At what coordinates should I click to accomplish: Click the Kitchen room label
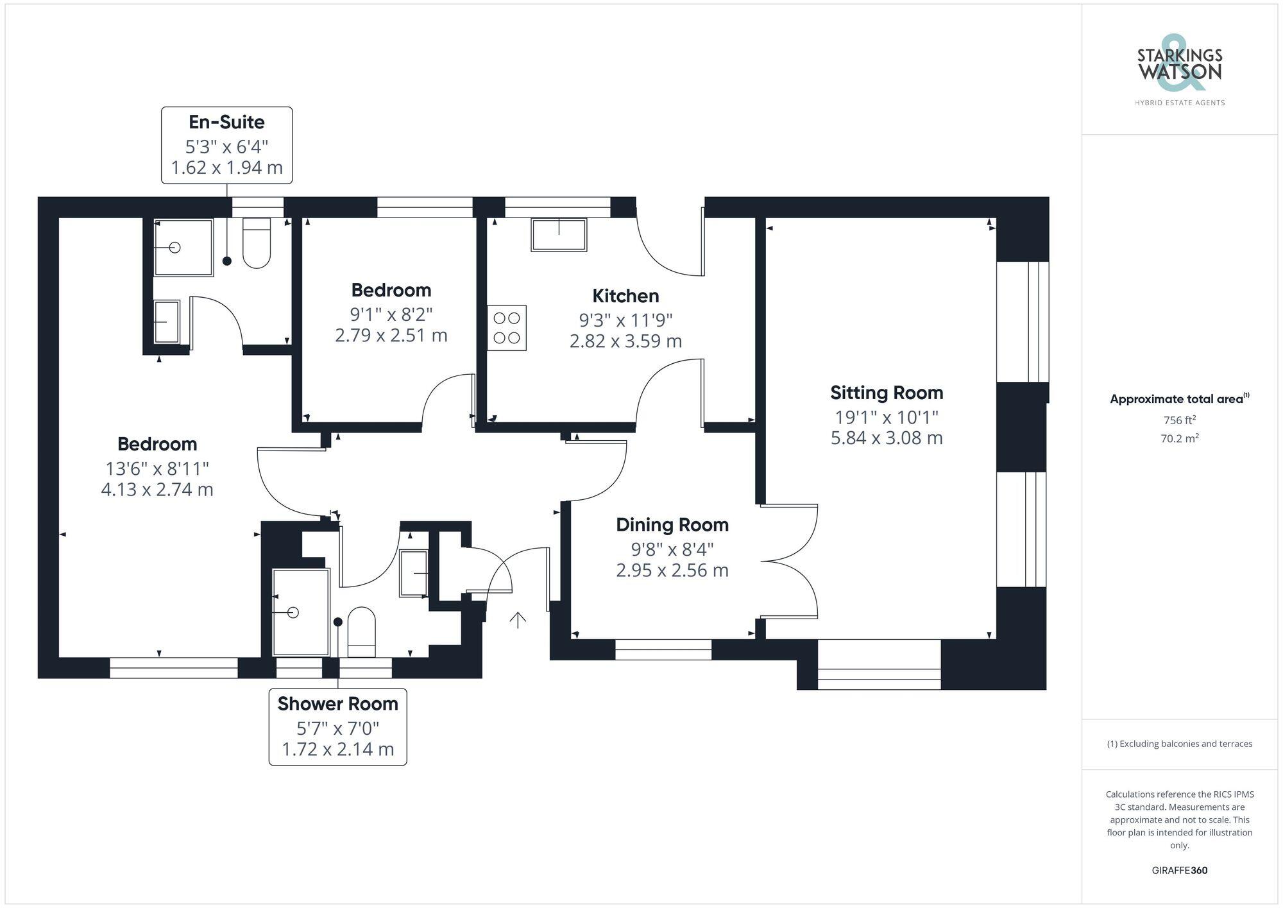[x=625, y=296]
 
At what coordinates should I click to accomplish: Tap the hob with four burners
[x=507, y=328]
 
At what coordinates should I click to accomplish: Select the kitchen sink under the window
[x=559, y=235]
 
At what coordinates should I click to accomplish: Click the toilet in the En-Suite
[x=257, y=243]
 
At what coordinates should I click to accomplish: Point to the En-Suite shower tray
[x=183, y=248]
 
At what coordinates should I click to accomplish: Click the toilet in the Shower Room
[x=361, y=631]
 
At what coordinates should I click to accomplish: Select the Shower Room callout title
[x=337, y=704]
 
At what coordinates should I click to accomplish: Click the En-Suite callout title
[x=226, y=122]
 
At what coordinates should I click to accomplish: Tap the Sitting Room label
[x=887, y=393]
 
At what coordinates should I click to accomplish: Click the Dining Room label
[x=672, y=525]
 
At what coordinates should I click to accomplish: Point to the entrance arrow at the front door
[x=518, y=620]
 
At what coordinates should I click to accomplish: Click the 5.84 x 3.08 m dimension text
[x=887, y=438]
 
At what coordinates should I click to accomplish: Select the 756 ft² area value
[x=1179, y=420]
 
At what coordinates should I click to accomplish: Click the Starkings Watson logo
[x=1179, y=71]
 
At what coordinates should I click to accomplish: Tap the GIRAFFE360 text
[x=1179, y=870]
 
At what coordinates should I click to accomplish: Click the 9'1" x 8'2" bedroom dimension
[x=391, y=314]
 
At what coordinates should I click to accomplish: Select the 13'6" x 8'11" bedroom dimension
[x=157, y=468]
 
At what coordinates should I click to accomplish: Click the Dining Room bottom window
[x=663, y=649]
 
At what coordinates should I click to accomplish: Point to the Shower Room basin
[x=414, y=574]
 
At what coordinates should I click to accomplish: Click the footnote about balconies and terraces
[x=1179, y=744]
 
